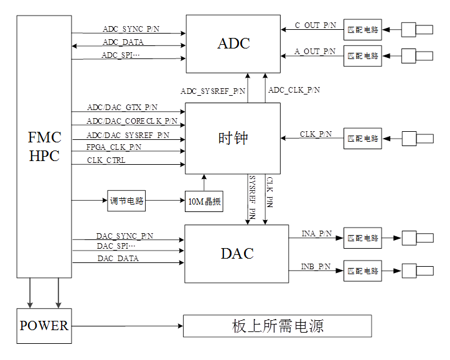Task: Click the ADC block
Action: point(234,44)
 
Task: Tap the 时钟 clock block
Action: point(233,138)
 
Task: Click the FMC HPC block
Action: point(44,146)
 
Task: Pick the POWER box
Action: point(44,326)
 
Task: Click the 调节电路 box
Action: point(126,201)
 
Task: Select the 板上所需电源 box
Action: point(278,326)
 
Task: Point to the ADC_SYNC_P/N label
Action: point(130,29)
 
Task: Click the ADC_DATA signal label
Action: point(123,42)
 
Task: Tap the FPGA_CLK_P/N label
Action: point(114,147)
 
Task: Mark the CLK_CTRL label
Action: point(106,160)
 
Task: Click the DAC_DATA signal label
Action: point(118,258)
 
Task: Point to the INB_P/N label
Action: point(316,266)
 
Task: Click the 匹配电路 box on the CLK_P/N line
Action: point(363,139)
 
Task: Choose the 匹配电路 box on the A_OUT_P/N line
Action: point(363,55)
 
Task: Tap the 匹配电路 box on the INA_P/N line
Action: point(363,238)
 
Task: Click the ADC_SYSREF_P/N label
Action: point(213,91)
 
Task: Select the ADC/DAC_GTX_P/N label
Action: point(122,108)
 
